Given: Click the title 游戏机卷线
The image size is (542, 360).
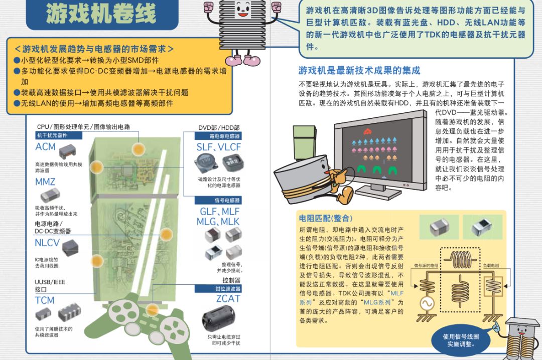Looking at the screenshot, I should (101, 15).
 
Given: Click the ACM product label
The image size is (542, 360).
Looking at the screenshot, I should (45, 147).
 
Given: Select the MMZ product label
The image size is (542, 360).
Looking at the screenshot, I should (45, 182).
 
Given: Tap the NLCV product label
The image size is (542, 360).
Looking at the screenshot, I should (47, 243).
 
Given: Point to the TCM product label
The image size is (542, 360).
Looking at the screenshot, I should (44, 300).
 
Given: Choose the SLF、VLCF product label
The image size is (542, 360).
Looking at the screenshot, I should (218, 147).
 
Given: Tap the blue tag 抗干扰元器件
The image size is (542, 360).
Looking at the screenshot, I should (52, 135).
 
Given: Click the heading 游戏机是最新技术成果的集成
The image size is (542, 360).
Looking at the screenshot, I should (359, 70).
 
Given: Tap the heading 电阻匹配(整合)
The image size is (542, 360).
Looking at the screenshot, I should (326, 218).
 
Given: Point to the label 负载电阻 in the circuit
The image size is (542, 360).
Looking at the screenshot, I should (491, 265).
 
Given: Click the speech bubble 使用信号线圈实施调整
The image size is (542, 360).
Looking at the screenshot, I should (460, 340).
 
